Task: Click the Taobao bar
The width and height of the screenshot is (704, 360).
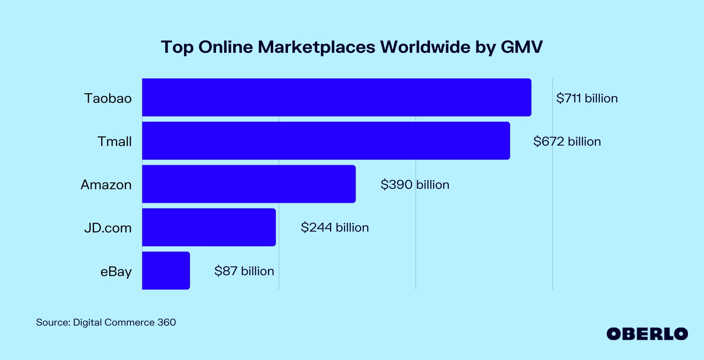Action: click(336, 98)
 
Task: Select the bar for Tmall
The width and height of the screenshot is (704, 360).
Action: click(326, 141)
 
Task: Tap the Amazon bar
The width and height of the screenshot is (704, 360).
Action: click(249, 184)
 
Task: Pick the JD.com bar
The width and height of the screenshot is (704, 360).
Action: click(209, 227)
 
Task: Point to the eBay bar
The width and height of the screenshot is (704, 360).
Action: click(166, 270)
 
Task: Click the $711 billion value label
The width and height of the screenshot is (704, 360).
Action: click(587, 98)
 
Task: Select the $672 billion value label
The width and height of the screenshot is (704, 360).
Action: click(567, 142)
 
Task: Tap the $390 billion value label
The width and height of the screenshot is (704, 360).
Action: click(415, 185)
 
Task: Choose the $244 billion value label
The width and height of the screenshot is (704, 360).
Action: click(335, 228)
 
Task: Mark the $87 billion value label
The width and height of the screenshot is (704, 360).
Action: click(244, 271)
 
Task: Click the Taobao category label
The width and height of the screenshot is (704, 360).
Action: click(108, 98)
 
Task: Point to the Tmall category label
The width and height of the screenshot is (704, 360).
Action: click(114, 142)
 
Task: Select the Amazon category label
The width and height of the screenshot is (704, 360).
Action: click(106, 185)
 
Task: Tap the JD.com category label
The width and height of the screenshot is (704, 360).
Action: click(108, 228)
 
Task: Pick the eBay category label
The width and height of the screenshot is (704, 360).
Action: click(116, 272)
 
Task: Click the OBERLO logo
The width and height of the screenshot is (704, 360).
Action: click(647, 334)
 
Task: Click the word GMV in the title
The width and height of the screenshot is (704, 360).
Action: click(522, 47)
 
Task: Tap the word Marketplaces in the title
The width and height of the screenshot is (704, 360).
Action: click(316, 47)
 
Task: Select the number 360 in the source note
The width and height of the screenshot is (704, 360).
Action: click(166, 322)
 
